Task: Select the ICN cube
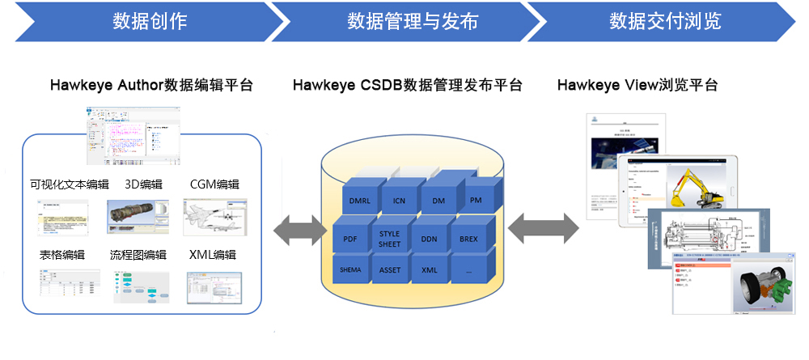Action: point(399,201)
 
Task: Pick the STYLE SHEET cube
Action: point(389,239)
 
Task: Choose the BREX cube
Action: point(468,239)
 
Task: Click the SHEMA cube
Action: point(351,270)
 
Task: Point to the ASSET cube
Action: point(390,270)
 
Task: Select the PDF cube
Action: point(350,239)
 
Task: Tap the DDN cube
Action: point(429,239)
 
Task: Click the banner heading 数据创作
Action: point(150,21)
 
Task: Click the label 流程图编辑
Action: point(138,255)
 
